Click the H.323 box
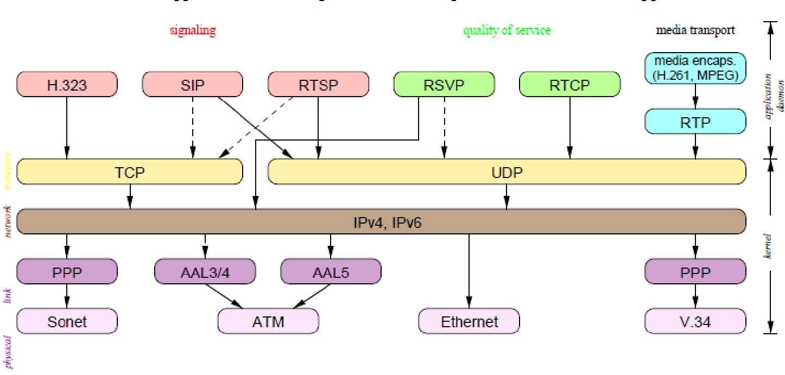pyautogui.click(x=67, y=84)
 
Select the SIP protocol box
pyautogui.click(x=192, y=84)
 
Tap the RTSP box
pyautogui.click(x=318, y=84)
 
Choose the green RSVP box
pyautogui.click(x=444, y=84)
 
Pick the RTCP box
pyautogui.click(x=569, y=84)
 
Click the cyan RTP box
pyautogui.click(x=695, y=122)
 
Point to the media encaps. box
pyautogui.click(x=695, y=68)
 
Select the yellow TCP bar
pyautogui.click(x=130, y=172)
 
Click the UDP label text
pyautogui.click(x=507, y=173)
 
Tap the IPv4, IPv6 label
pyautogui.click(x=381, y=222)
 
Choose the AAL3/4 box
pyautogui.click(x=205, y=271)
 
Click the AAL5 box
pyautogui.click(x=331, y=271)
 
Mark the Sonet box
pyautogui.click(x=67, y=321)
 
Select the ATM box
pyautogui.click(x=268, y=321)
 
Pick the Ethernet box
pyautogui.click(x=469, y=321)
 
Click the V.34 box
pyautogui.click(x=695, y=321)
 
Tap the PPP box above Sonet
pyautogui.click(x=67, y=271)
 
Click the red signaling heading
pyautogui.click(x=192, y=30)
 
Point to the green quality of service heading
pyautogui.click(x=507, y=30)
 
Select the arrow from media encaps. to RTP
pyautogui.click(x=695, y=96)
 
